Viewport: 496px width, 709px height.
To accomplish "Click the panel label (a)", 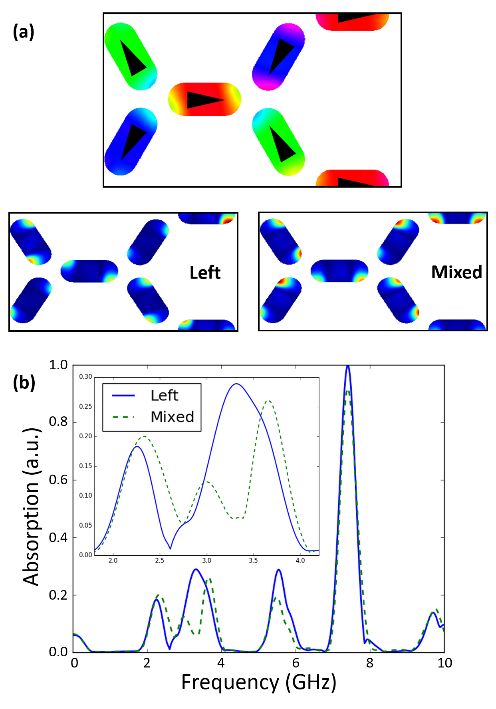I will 24,32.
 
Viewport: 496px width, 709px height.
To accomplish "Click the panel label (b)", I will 24,382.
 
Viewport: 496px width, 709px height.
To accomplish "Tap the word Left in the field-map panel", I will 205,273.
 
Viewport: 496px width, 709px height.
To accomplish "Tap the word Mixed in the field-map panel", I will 456,272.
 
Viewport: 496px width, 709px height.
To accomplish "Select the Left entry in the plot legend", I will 164,396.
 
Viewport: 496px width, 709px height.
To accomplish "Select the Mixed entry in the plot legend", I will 172,417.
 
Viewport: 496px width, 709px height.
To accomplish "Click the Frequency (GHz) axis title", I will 259,682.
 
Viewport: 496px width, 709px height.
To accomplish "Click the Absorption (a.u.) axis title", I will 31,507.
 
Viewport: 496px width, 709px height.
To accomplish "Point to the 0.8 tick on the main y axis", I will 58,422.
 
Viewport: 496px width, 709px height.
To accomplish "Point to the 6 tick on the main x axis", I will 296,663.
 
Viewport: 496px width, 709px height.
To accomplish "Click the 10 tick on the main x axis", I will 444,663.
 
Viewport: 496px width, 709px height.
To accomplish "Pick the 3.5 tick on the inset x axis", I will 253,560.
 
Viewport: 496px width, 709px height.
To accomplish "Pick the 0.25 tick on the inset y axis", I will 85,406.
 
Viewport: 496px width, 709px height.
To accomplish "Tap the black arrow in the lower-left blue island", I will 133,141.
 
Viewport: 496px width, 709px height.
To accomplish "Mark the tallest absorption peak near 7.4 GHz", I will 348,366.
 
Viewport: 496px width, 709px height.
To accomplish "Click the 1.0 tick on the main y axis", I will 58,365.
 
